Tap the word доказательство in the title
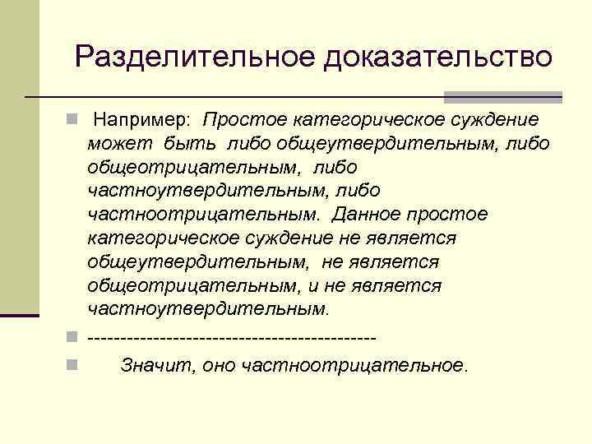[x=440, y=57]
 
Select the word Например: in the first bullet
[x=141, y=121]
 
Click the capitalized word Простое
[x=242, y=121]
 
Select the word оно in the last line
[x=218, y=366]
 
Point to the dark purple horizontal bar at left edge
[x=20, y=315]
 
